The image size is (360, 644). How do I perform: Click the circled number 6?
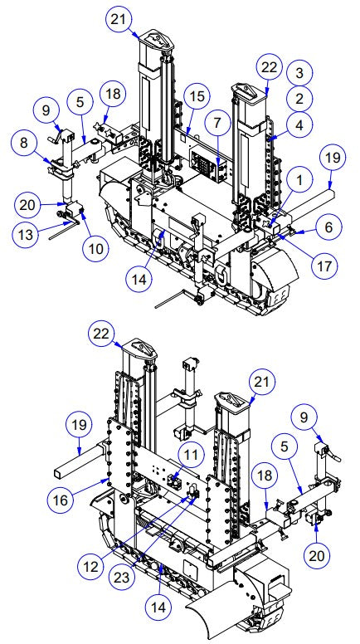click(327, 225)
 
